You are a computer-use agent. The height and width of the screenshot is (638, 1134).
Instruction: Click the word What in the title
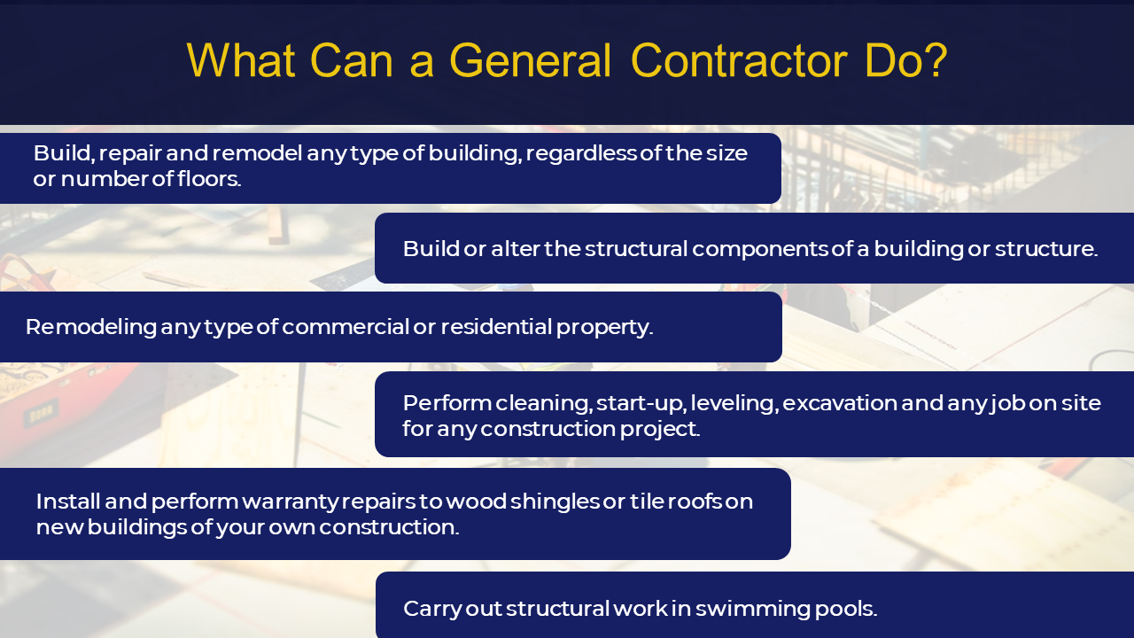[x=241, y=60]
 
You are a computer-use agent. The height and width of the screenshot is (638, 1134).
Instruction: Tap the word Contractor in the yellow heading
[x=739, y=60]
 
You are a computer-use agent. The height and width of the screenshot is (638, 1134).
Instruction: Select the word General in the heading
[x=530, y=60]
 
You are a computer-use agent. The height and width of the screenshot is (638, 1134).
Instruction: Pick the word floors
[x=209, y=179]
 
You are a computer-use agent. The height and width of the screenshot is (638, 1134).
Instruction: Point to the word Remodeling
[x=91, y=328]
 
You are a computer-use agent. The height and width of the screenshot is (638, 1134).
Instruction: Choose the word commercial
[x=346, y=327]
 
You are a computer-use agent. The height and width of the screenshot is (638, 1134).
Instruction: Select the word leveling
[x=734, y=404]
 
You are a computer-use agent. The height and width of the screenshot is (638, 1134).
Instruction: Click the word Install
[x=68, y=502]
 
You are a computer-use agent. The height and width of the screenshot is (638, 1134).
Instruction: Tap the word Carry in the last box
[x=432, y=609]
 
